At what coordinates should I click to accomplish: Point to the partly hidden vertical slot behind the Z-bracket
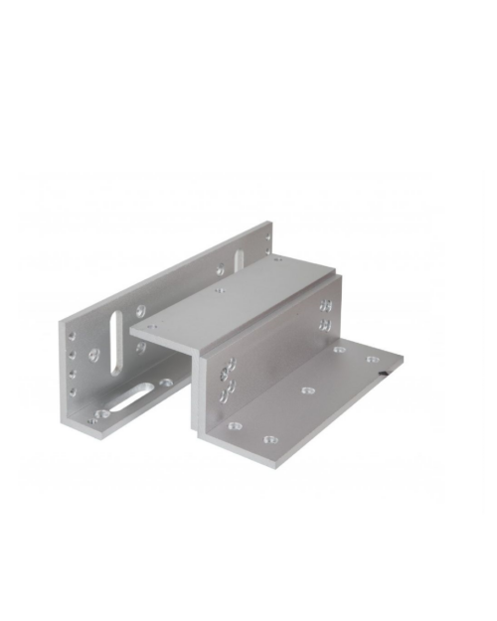pos(238,260)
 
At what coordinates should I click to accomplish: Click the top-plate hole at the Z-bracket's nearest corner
pos(150,325)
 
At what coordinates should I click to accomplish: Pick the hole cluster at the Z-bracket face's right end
pos(326,316)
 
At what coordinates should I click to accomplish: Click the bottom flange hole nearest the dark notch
pos(372,360)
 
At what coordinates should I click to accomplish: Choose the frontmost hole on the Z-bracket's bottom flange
pos(235,426)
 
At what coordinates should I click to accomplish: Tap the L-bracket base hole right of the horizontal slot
pos(165,382)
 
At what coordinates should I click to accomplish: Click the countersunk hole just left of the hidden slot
pos(220,269)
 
